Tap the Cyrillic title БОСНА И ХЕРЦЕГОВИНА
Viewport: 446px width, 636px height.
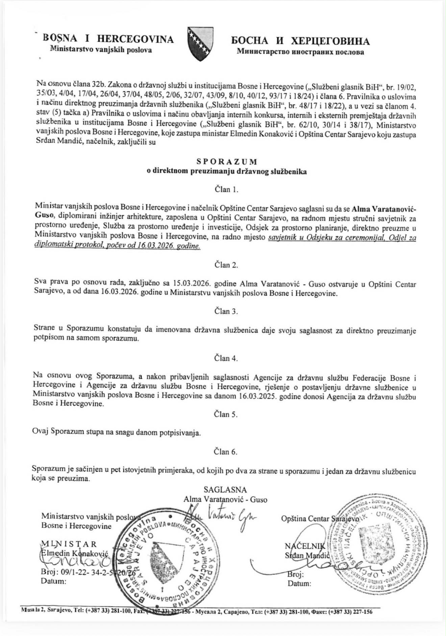[x=300, y=41]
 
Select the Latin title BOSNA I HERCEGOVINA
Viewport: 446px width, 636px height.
[x=108, y=39]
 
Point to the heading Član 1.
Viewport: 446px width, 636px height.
[x=226, y=189]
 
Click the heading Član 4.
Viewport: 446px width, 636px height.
[x=226, y=358]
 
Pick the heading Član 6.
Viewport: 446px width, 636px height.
[x=226, y=452]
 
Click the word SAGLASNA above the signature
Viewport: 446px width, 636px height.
[x=225, y=490]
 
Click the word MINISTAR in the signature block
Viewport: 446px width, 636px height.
[x=69, y=544]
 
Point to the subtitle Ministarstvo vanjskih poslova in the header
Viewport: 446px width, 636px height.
[x=101, y=50]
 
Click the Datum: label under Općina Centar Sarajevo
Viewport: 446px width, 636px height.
[x=299, y=583]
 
